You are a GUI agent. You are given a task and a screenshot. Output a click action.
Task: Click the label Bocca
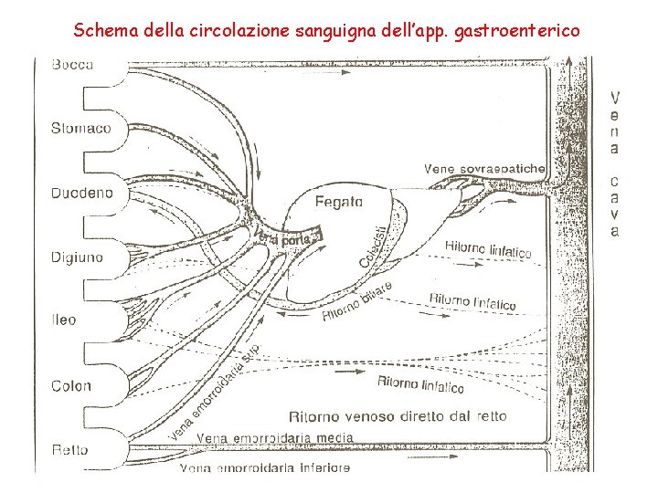73,65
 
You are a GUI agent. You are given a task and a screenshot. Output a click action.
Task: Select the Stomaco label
82,129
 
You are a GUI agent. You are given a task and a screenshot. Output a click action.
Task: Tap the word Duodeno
83,194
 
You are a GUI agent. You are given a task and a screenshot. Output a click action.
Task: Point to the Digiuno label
78,257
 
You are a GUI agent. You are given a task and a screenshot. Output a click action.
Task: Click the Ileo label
64,320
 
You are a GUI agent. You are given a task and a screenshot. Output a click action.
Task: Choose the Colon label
71,386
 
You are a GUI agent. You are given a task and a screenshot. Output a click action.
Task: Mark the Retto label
70,450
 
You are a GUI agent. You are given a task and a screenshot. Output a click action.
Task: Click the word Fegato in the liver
339,202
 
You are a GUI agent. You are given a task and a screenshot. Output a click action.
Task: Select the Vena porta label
284,237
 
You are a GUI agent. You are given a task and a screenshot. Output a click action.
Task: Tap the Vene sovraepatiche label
484,169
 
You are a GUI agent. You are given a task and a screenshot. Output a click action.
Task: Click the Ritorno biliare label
356,301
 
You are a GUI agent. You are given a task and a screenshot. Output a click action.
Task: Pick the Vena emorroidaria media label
274,438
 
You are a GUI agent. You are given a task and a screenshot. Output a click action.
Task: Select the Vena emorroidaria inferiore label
265,467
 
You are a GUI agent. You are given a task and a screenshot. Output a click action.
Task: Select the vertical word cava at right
615,205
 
